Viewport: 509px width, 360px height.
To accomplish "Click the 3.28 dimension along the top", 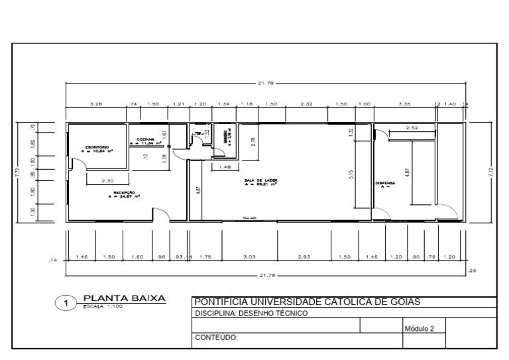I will [x=95, y=104].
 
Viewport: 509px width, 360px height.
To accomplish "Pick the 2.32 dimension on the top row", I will [x=306, y=104].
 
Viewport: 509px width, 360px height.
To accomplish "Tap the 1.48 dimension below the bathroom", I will [x=225, y=166].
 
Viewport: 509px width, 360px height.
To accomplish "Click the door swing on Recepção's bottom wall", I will [x=161, y=214].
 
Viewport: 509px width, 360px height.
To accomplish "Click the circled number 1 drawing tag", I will [x=66, y=305].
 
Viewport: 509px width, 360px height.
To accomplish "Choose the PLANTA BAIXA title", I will [x=124, y=300].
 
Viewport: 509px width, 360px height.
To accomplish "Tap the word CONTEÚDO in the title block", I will [x=216, y=337].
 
